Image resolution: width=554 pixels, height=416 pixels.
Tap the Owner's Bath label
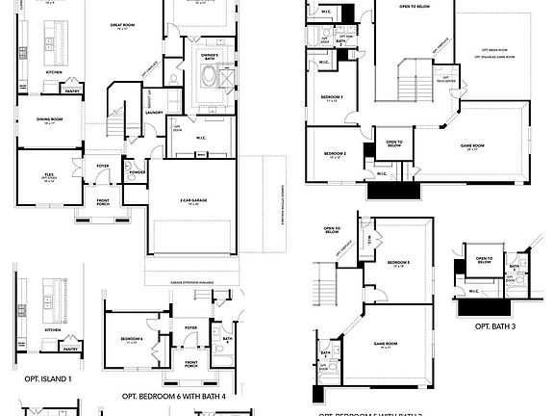coord(210,56)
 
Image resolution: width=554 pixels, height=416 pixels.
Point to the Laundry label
coord(152,112)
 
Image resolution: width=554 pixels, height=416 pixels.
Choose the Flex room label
coord(48,177)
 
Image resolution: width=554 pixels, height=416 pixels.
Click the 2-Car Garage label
coord(192,201)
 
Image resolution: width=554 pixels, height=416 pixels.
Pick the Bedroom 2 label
coord(335,154)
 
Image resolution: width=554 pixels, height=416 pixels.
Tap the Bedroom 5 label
coord(398,263)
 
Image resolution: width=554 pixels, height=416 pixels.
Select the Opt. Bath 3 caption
coord(495,327)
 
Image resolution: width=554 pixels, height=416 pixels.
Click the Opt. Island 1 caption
coord(49,378)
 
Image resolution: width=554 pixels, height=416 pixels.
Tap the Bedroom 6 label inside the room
coord(133,340)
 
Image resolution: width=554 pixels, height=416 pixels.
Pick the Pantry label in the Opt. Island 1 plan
coord(71,350)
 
